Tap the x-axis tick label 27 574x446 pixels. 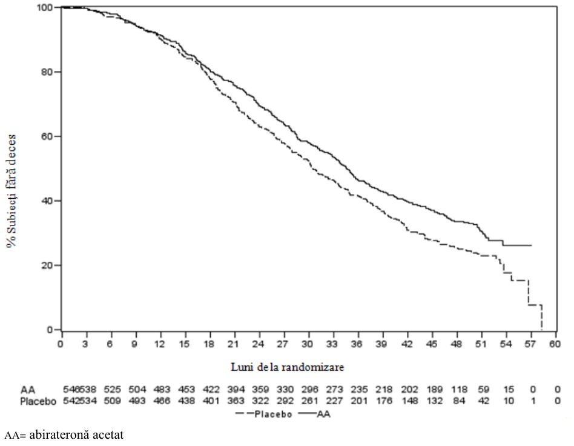pos(283,344)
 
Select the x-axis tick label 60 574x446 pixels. pos(555,344)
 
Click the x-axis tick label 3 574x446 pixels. pos(85,344)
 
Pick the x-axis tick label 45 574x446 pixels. pos(432,344)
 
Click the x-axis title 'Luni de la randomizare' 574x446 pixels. pos(288,367)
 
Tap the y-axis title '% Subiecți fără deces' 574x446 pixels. pos(12,191)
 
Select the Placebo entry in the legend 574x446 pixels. pos(265,414)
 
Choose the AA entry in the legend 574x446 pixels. pos(314,414)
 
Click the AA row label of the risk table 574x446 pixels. pos(28,389)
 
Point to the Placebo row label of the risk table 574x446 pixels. pos(38,401)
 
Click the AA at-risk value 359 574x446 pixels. pos(260,389)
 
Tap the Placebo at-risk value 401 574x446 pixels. pos(211,401)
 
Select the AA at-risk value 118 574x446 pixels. pos(459,389)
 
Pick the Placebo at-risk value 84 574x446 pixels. pos(459,401)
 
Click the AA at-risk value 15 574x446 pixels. pos(509,389)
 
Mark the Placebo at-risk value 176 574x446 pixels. pos(384,401)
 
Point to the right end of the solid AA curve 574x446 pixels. pos(531,245)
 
